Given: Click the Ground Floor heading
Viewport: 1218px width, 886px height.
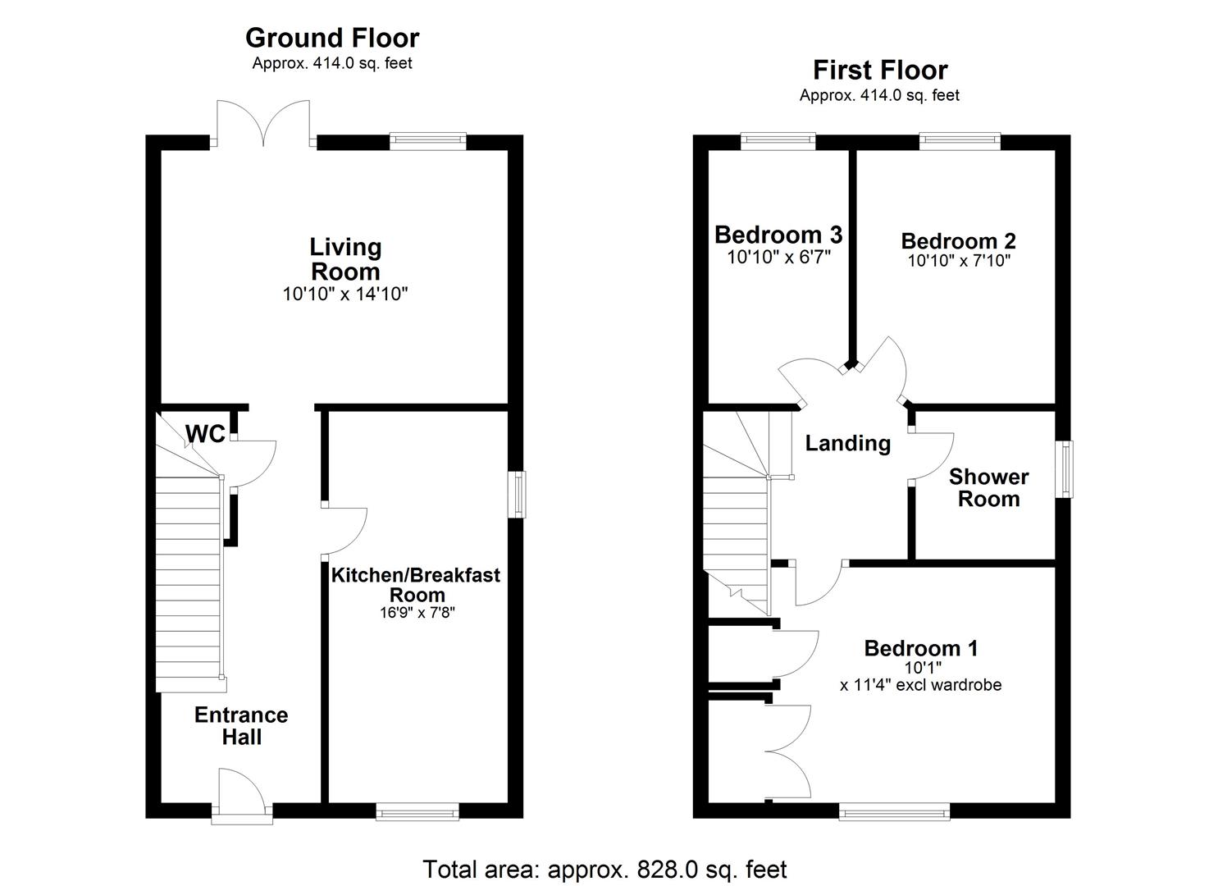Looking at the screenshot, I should [x=332, y=38].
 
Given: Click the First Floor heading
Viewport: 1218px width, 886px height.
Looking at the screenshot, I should [x=880, y=70].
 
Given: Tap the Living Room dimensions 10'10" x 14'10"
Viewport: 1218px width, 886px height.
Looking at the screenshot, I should [x=345, y=294].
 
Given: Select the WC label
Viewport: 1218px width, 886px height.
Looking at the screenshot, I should [x=204, y=434].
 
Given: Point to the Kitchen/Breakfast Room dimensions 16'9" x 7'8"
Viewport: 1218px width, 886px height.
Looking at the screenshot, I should [x=416, y=612].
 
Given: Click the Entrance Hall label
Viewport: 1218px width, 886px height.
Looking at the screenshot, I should [x=241, y=725].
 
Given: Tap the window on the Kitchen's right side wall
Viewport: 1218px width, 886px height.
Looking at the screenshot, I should [x=516, y=494].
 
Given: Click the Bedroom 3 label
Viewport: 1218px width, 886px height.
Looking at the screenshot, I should [x=778, y=235].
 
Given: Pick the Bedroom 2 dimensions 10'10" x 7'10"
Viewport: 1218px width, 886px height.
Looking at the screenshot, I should [x=959, y=261].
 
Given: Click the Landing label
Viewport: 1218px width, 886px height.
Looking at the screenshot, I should [x=847, y=443].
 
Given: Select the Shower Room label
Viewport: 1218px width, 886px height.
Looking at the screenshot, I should [x=988, y=487].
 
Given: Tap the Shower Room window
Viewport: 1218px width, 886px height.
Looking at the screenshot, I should [x=1064, y=468].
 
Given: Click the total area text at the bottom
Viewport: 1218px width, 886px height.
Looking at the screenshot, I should [x=604, y=869].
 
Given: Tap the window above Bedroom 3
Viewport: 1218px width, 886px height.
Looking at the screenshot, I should [x=778, y=141].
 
